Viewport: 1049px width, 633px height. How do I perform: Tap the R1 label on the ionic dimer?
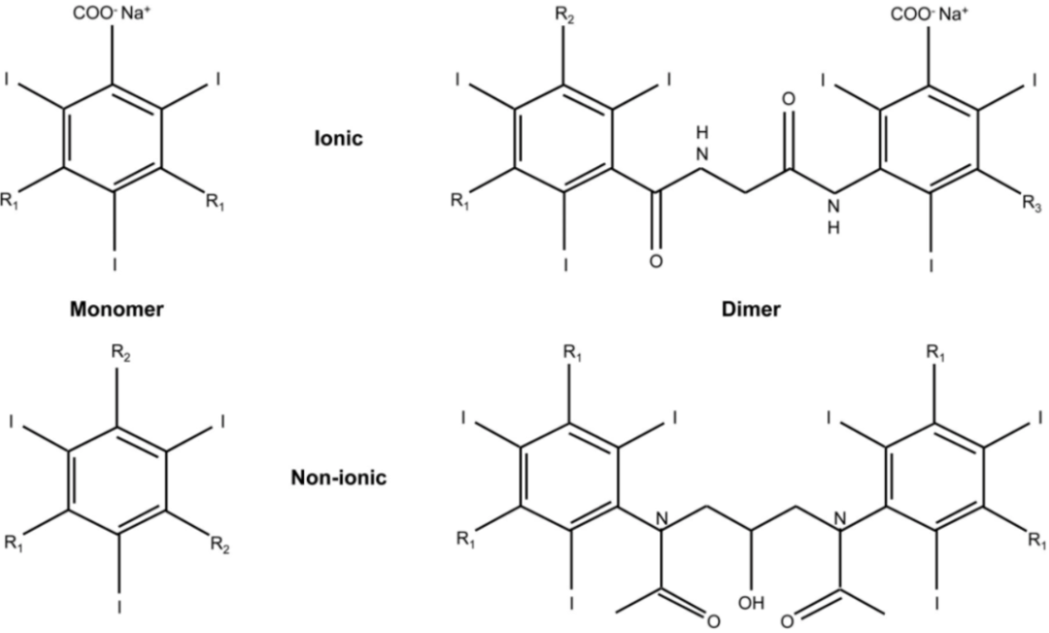coord(459,202)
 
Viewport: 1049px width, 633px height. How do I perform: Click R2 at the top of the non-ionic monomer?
coord(118,354)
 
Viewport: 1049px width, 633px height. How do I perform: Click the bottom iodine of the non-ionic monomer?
coord(118,609)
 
